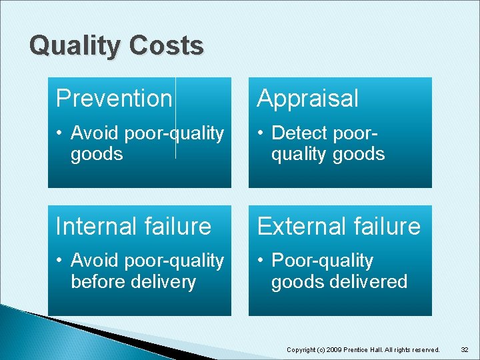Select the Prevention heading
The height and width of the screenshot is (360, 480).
click(114, 98)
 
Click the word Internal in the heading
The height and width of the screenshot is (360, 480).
click(93, 226)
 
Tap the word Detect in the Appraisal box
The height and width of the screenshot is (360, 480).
click(299, 133)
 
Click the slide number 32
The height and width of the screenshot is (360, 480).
click(465, 349)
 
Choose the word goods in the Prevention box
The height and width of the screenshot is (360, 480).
click(97, 154)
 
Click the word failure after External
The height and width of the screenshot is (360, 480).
click(387, 226)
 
